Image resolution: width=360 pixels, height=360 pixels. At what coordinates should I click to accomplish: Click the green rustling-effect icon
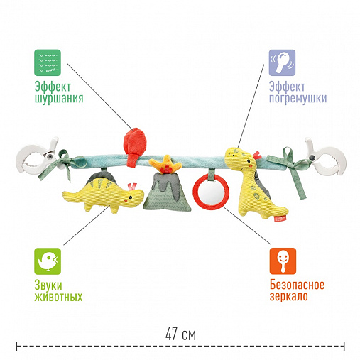[48, 62]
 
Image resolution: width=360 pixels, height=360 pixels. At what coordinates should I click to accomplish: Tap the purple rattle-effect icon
[282, 62]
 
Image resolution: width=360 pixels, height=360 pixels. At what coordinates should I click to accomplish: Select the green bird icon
[48, 261]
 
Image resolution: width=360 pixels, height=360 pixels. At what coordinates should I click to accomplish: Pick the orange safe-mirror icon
[283, 261]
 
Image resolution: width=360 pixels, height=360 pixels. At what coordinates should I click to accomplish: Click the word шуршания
[59, 98]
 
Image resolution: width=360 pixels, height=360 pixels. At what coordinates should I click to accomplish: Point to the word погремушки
[298, 98]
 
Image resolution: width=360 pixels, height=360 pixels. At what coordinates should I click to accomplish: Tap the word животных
[58, 297]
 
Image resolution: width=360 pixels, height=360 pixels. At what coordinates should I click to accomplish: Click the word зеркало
[289, 297]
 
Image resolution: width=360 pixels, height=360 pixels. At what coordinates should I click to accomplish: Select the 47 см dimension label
[180, 334]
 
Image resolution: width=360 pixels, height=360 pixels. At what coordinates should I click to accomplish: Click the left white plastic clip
[38, 158]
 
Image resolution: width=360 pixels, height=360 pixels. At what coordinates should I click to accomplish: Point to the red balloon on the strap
[135, 147]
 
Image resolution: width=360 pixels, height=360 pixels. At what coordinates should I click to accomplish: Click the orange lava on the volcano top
[165, 164]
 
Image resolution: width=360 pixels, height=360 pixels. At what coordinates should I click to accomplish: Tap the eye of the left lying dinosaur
[131, 197]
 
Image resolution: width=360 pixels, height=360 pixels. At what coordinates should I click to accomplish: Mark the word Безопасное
[297, 285]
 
